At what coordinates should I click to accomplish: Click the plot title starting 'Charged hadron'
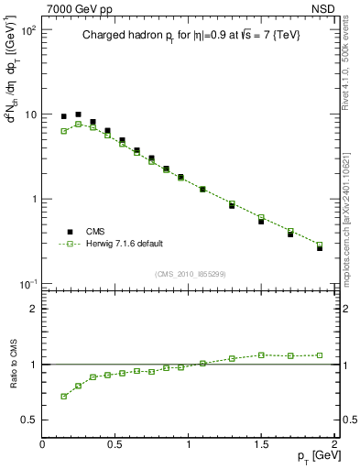pyautogui.click(x=182, y=36)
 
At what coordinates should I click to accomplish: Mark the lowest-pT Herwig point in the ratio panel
pyautogui.click(x=64, y=396)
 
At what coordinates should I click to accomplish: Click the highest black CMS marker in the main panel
pyautogui.click(x=79, y=115)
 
